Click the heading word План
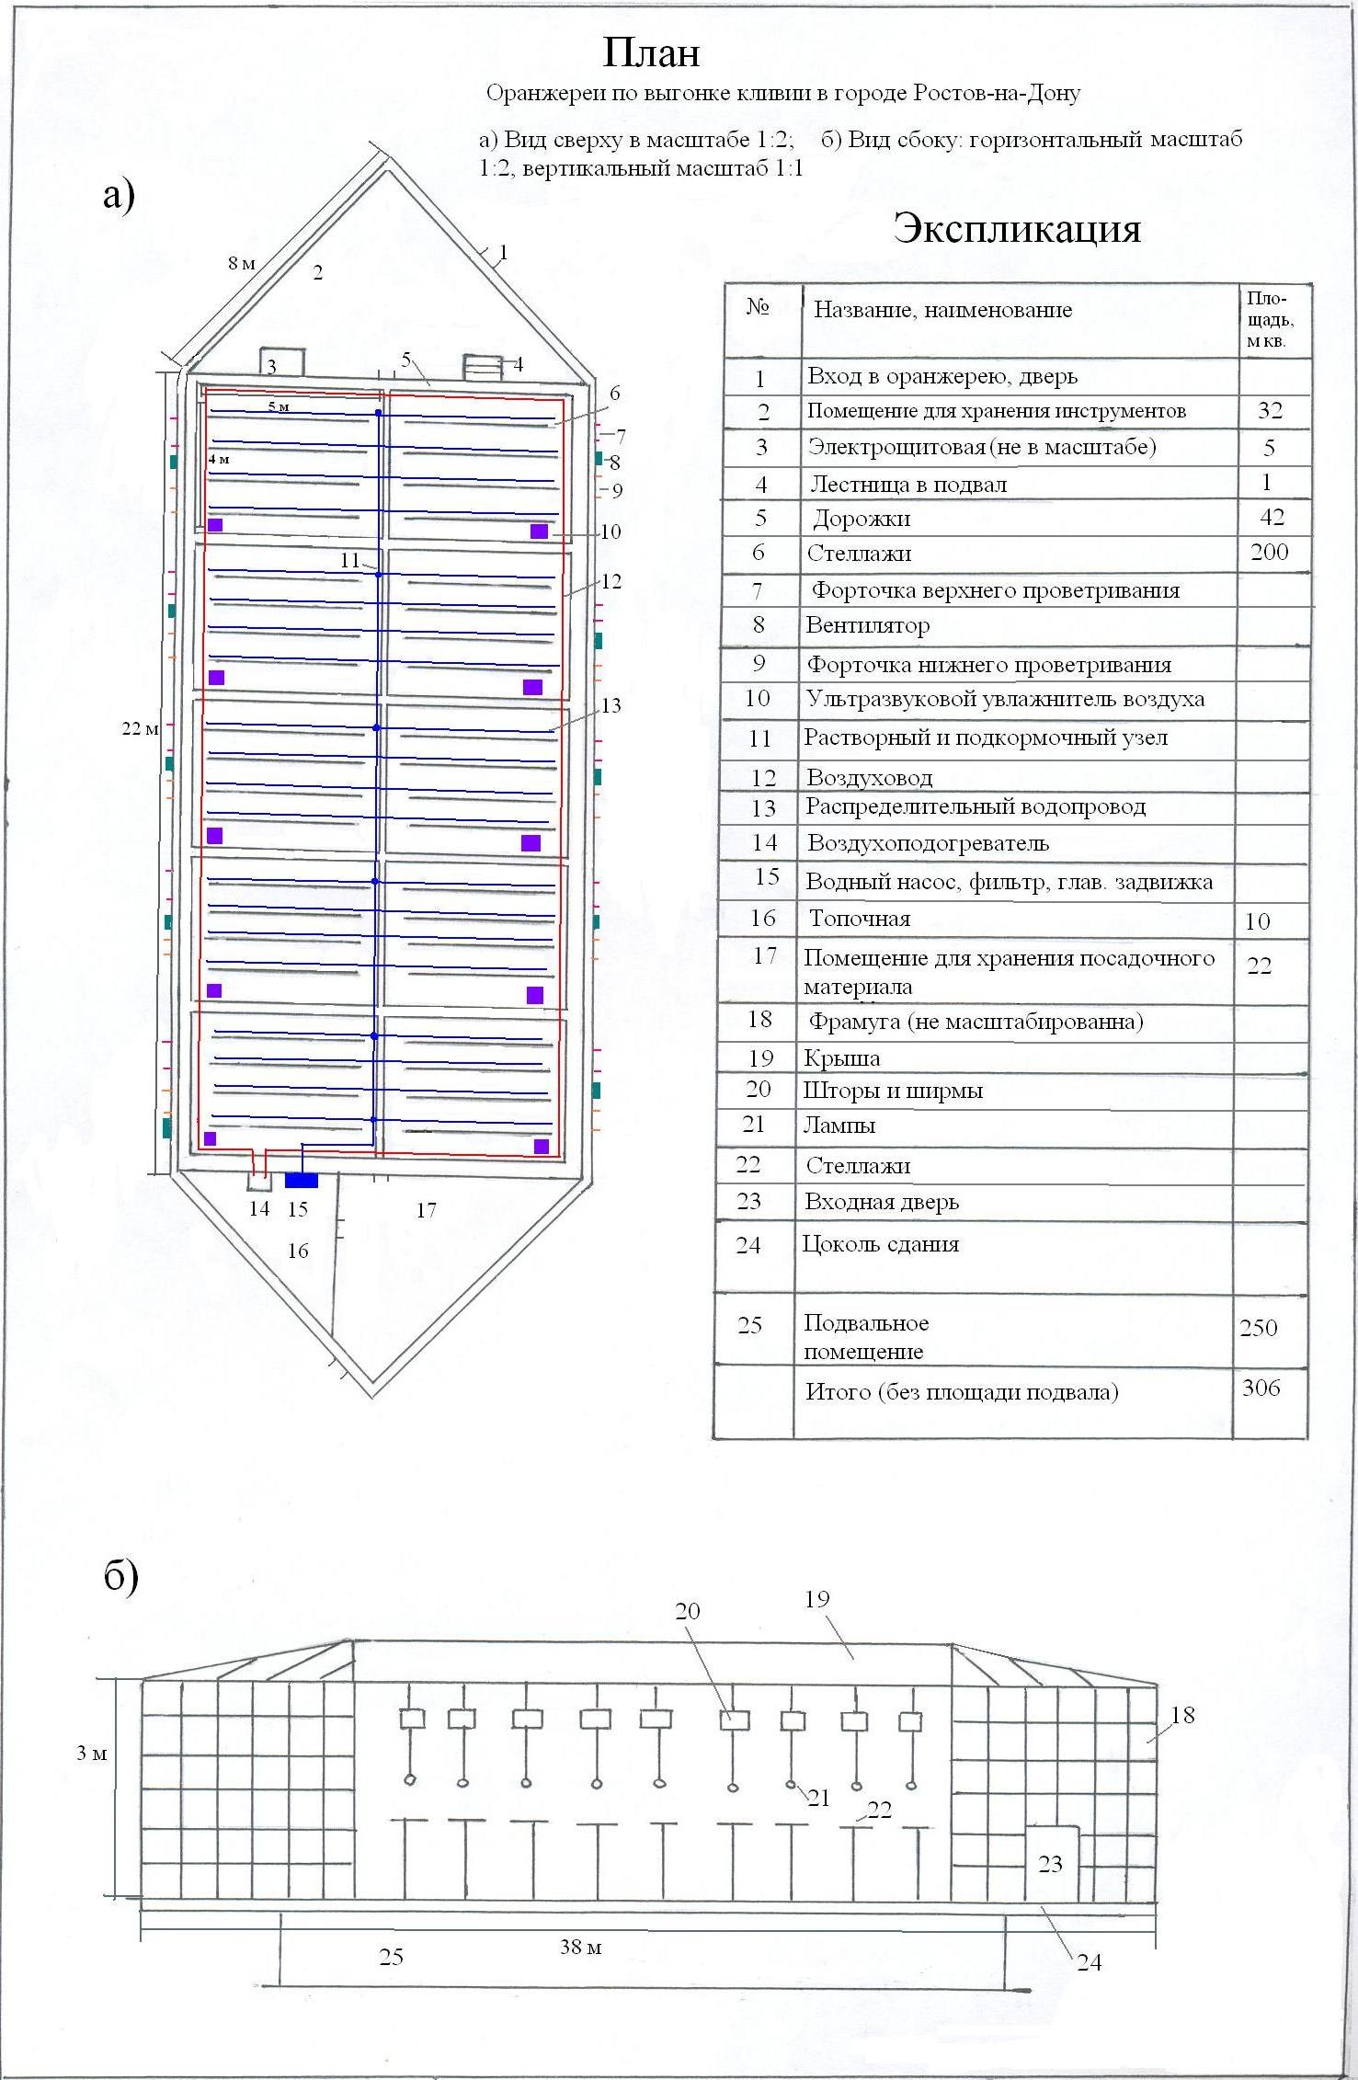(651, 53)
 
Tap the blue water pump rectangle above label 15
(301, 1180)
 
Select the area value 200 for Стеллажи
(1270, 552)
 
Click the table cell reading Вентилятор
(867, 625)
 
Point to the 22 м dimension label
(141, 728)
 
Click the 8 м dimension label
(242, 264)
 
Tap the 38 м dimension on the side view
(580, 1947)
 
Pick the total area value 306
(1261, 1388)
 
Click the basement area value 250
(1258, 1328)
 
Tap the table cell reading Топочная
(859, 919)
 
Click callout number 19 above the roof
(816, 1599)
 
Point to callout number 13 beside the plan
(611, 705)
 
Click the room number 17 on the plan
(426, 1210)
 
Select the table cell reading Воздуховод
(869, 778)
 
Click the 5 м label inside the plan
(279, 406)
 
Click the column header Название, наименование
(942, 310)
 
